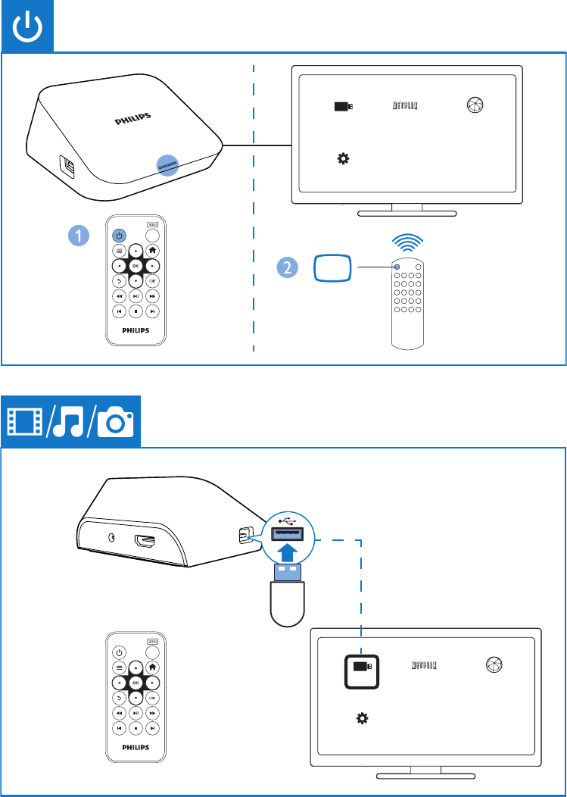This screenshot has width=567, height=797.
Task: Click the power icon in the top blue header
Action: (x=27, y=27)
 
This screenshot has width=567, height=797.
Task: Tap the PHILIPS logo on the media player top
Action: (x=132, y=117)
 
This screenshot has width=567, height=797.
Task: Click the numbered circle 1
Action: (x=76, y=236)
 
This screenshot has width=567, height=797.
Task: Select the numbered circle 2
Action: (x=286, y=267)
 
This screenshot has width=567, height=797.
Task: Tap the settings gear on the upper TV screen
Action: (x=343, y=158)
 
